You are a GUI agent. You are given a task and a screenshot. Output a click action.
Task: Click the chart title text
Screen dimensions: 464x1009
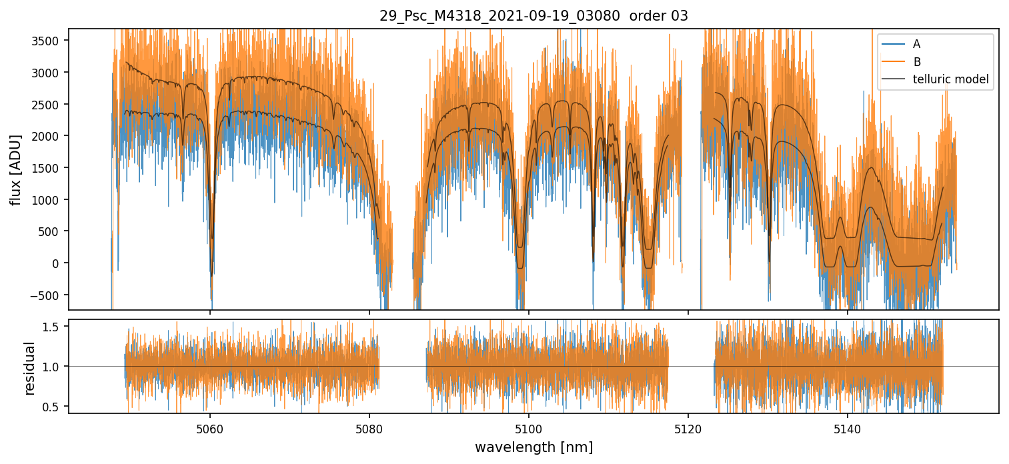pos(534,16)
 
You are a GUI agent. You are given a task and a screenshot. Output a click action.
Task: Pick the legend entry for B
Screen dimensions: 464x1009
pos(916,62)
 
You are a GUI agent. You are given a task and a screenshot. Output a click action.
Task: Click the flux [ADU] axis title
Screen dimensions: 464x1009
pos(15,169)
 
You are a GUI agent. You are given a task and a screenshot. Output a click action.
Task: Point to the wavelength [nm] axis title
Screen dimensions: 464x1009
pos(534,447)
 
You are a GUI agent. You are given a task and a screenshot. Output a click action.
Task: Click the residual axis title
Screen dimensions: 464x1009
pos(30,367)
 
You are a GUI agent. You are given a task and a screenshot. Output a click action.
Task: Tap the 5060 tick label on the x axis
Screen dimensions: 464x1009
pos(210,428)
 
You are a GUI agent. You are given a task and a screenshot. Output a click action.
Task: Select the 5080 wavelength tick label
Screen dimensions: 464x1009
pos(369,428)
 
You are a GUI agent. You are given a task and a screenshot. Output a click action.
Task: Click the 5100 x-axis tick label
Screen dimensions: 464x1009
pos(528,428)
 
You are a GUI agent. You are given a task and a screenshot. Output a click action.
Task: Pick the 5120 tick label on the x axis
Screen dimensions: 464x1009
pos(688,428)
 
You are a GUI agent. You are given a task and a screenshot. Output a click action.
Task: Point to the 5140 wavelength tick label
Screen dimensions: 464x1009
pos(847,428)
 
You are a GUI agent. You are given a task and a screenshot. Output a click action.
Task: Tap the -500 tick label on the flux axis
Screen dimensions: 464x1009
pos(48,295)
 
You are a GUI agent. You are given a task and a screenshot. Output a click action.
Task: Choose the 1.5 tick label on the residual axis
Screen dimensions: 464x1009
pos(52,327)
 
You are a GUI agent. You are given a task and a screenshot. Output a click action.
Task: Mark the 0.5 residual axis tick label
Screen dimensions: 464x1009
pos(52,406)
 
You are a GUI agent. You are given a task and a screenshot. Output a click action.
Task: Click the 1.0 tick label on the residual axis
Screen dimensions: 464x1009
pos(52,367)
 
